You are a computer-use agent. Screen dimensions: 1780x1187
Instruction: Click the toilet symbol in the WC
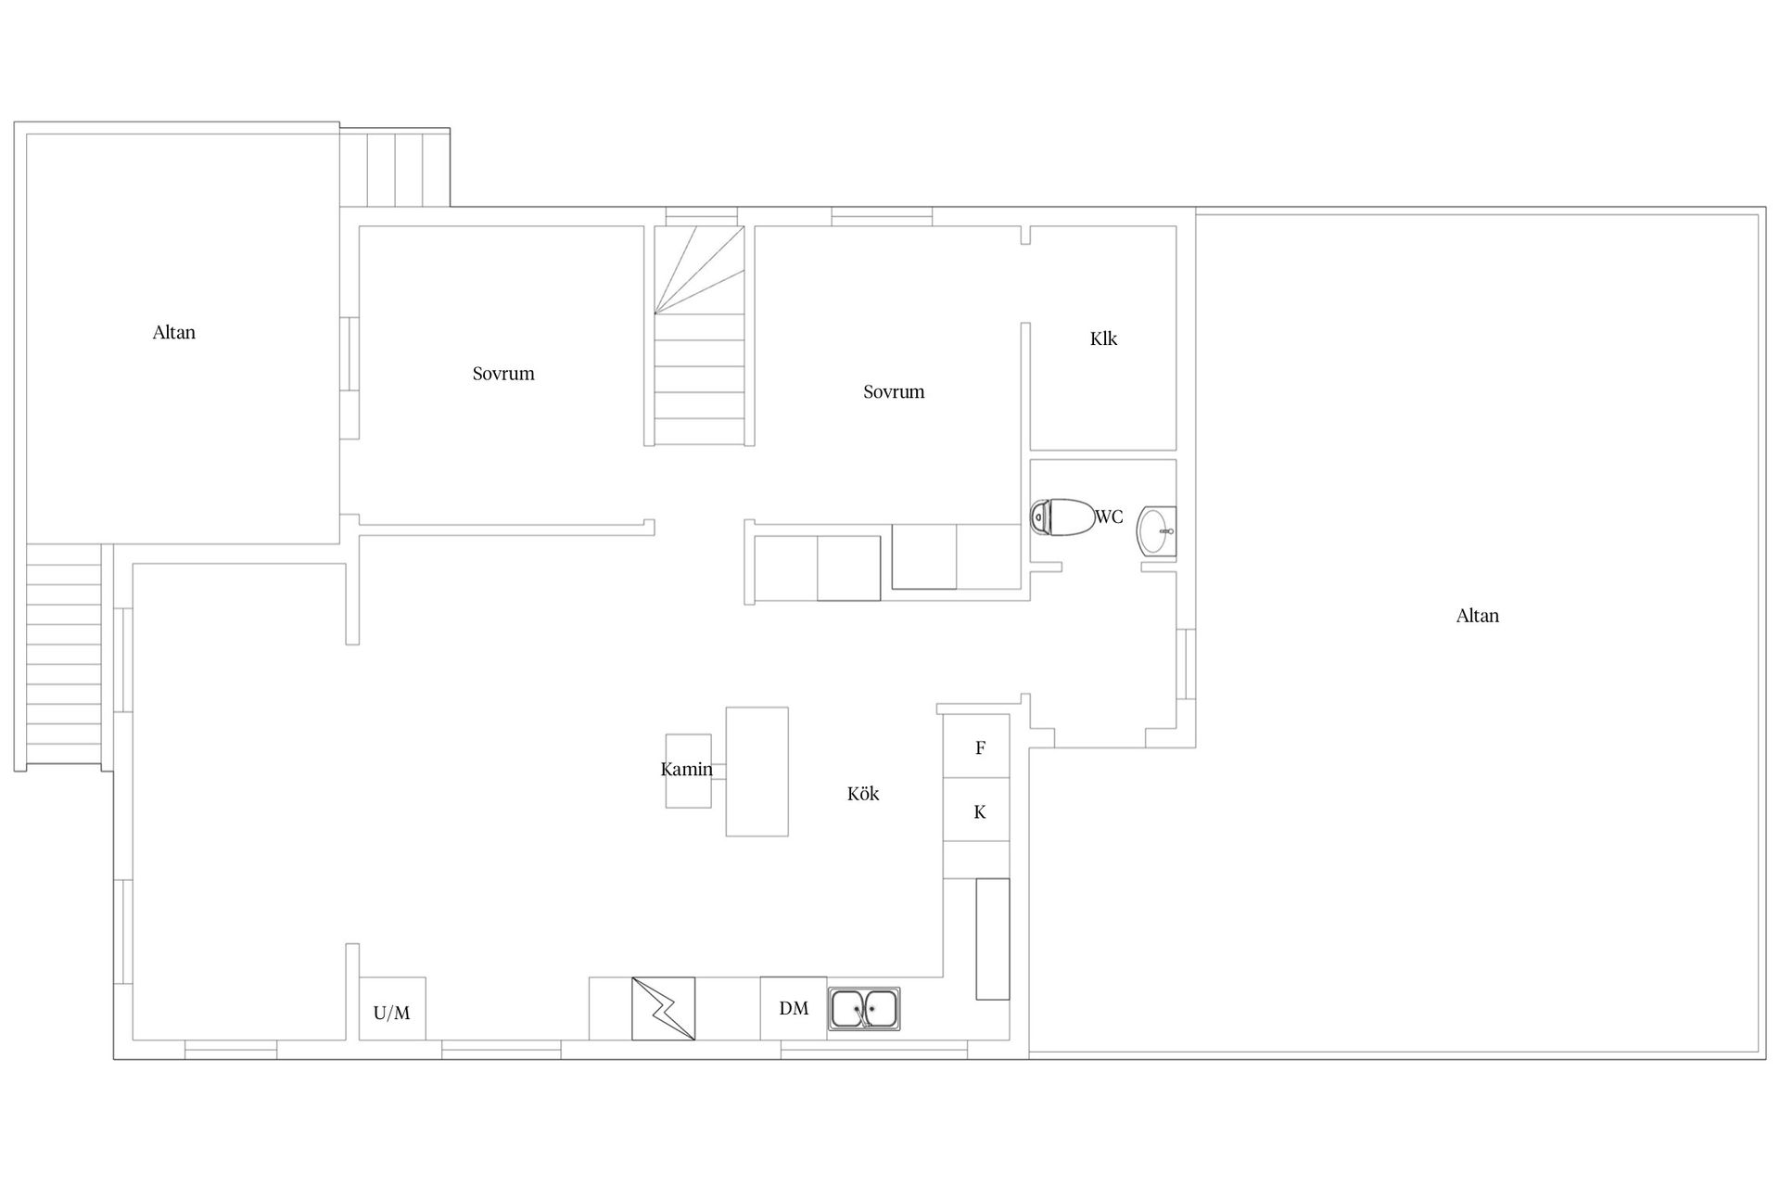pos(1062,517)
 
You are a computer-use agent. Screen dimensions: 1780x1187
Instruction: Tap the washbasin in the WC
pos(1157,531)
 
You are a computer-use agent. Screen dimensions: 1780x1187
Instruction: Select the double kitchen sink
pos(864,1009)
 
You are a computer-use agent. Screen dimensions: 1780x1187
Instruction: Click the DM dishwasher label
pos(794,1008)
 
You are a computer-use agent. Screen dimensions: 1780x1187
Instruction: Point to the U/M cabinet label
pos(391,1013)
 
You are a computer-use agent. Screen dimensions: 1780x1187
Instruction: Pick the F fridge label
pos(980,747)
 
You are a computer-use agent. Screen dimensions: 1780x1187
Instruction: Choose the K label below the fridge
pos(980,812)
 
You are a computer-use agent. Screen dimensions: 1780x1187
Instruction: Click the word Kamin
pos(687,769)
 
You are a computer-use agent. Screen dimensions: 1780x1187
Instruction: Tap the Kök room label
pos(863,794)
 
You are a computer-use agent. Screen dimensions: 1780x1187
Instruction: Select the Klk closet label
pos(1103,338)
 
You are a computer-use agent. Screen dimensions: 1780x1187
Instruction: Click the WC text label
pos(1110,517)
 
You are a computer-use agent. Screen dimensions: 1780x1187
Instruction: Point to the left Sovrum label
pos(503,374)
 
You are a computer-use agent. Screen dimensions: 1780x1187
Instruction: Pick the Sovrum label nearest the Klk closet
pos(894,391)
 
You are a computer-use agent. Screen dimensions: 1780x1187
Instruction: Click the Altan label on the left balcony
pos(174,332)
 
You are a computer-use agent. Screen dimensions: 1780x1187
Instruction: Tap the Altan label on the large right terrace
pos(1478,616)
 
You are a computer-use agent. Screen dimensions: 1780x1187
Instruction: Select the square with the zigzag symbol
pos(664,1009)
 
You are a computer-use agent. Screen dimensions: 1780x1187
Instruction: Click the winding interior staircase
pos(700,335)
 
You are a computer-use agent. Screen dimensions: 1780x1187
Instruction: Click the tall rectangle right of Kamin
pos(757,772)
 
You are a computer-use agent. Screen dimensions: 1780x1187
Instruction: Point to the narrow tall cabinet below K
pos(993,938)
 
